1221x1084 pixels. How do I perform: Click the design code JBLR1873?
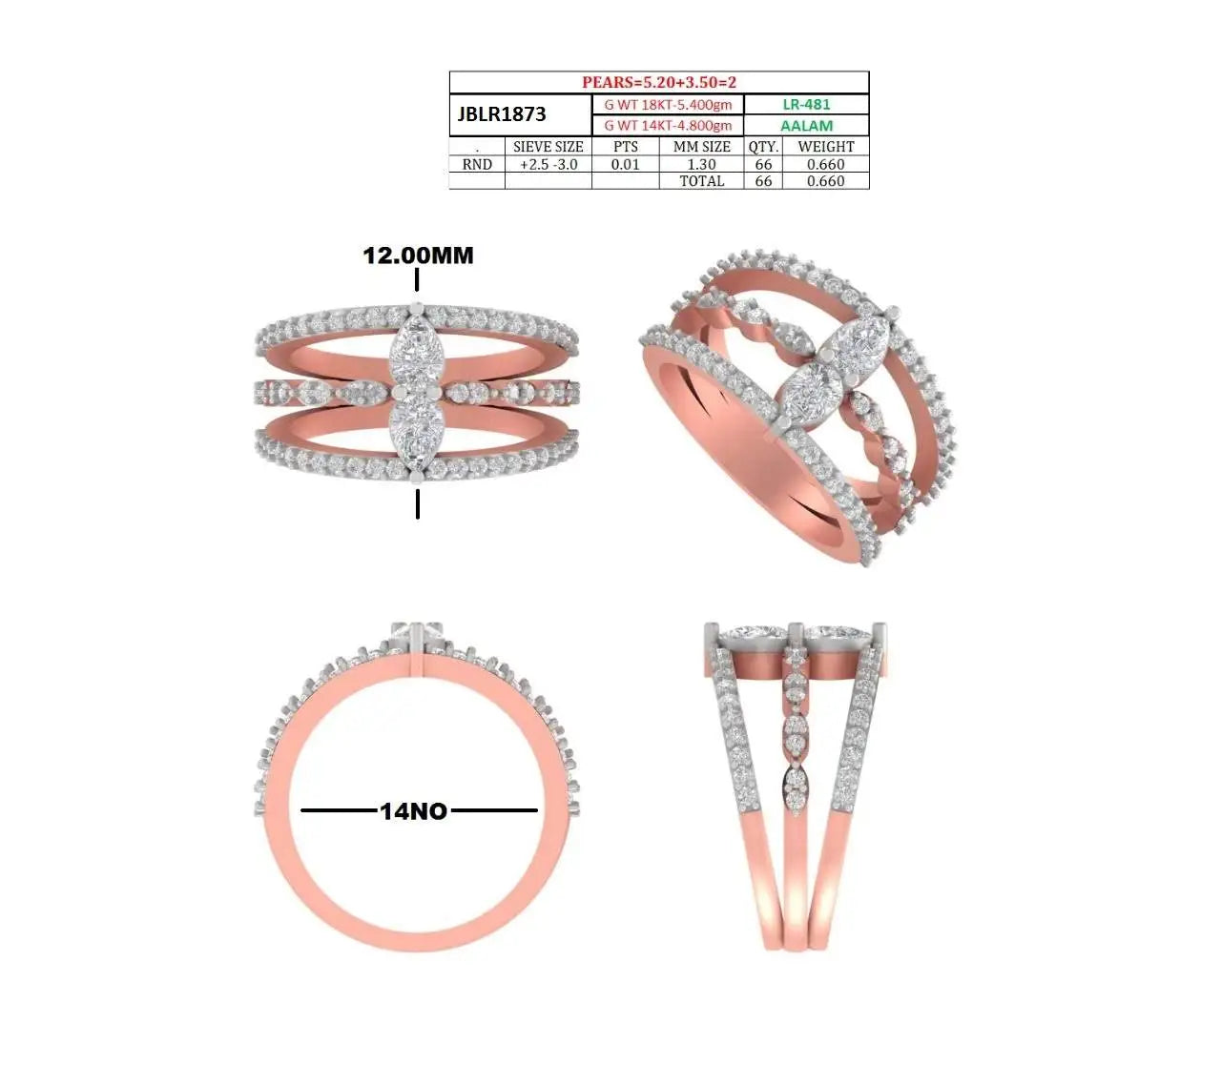[502, 113]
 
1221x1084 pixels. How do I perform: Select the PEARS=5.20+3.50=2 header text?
[659, 82]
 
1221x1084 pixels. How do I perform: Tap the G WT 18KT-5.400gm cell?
[668, 104]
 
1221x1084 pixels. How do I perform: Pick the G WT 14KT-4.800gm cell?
[668, 125]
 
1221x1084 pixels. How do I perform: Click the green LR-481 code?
[806, 104]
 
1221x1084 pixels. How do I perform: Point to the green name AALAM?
[806, 126]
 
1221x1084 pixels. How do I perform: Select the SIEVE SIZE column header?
[548, 147]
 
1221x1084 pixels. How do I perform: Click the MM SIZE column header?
[701, 147]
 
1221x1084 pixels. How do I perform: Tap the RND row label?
[477, 164]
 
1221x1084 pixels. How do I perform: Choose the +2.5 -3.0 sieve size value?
[548, 164]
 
